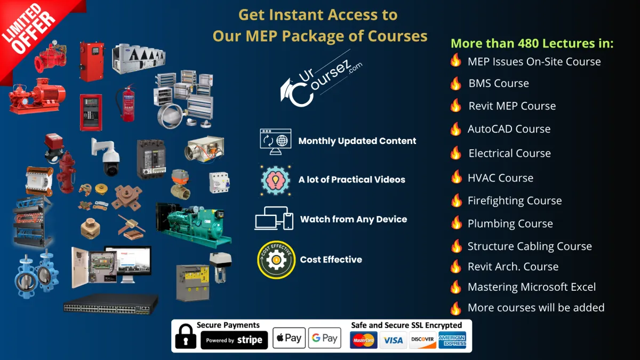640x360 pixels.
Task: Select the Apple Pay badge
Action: coord(289,338)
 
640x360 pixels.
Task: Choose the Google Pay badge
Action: coord(324,338)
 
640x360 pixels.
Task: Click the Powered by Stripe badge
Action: coord(234,340)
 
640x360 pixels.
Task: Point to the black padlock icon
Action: coord(185,337)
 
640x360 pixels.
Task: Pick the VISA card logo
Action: coord(393,340)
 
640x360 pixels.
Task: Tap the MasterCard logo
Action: coord(364,340)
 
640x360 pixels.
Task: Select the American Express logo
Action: coord(452,340)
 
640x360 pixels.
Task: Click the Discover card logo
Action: coord(422,340)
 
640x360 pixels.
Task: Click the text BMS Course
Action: coord(499,84)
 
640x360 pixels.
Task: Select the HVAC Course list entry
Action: coord(500,178)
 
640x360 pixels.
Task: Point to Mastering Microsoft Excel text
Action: coord(532,287)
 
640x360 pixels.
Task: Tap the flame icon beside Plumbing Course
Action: coord(456,223)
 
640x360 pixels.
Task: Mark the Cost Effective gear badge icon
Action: coord(276,260)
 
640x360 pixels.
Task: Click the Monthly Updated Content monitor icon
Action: coord(275,141)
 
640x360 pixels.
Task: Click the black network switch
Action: coord(111,305)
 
